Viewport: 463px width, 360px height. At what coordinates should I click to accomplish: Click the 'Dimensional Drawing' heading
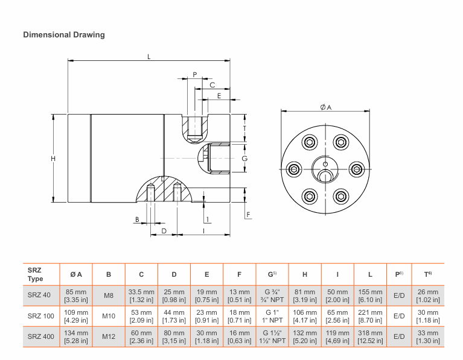[x=63, y=35]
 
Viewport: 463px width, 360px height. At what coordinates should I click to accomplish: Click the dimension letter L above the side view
[x=148, y=57]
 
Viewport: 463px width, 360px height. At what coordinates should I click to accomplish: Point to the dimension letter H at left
[x=53, y=159]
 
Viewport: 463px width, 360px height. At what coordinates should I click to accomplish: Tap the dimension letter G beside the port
[x=244, y=159]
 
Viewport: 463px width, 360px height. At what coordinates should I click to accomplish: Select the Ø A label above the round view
[x=326, y=107]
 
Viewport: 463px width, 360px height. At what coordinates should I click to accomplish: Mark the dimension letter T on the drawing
[x=244, y=128]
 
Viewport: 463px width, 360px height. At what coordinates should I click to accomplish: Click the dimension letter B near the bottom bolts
[x=138, y=219]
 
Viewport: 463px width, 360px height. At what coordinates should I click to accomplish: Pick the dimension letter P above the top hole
[x=194, y=75]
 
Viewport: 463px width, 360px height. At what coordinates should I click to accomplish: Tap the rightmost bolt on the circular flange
[x=356, y=169]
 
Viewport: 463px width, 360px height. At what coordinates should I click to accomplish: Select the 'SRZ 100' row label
[x=40, y=316]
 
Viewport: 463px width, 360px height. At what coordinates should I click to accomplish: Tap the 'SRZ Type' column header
[x=36, y=275]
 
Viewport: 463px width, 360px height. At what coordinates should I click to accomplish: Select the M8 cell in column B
[x=108, y=295]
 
